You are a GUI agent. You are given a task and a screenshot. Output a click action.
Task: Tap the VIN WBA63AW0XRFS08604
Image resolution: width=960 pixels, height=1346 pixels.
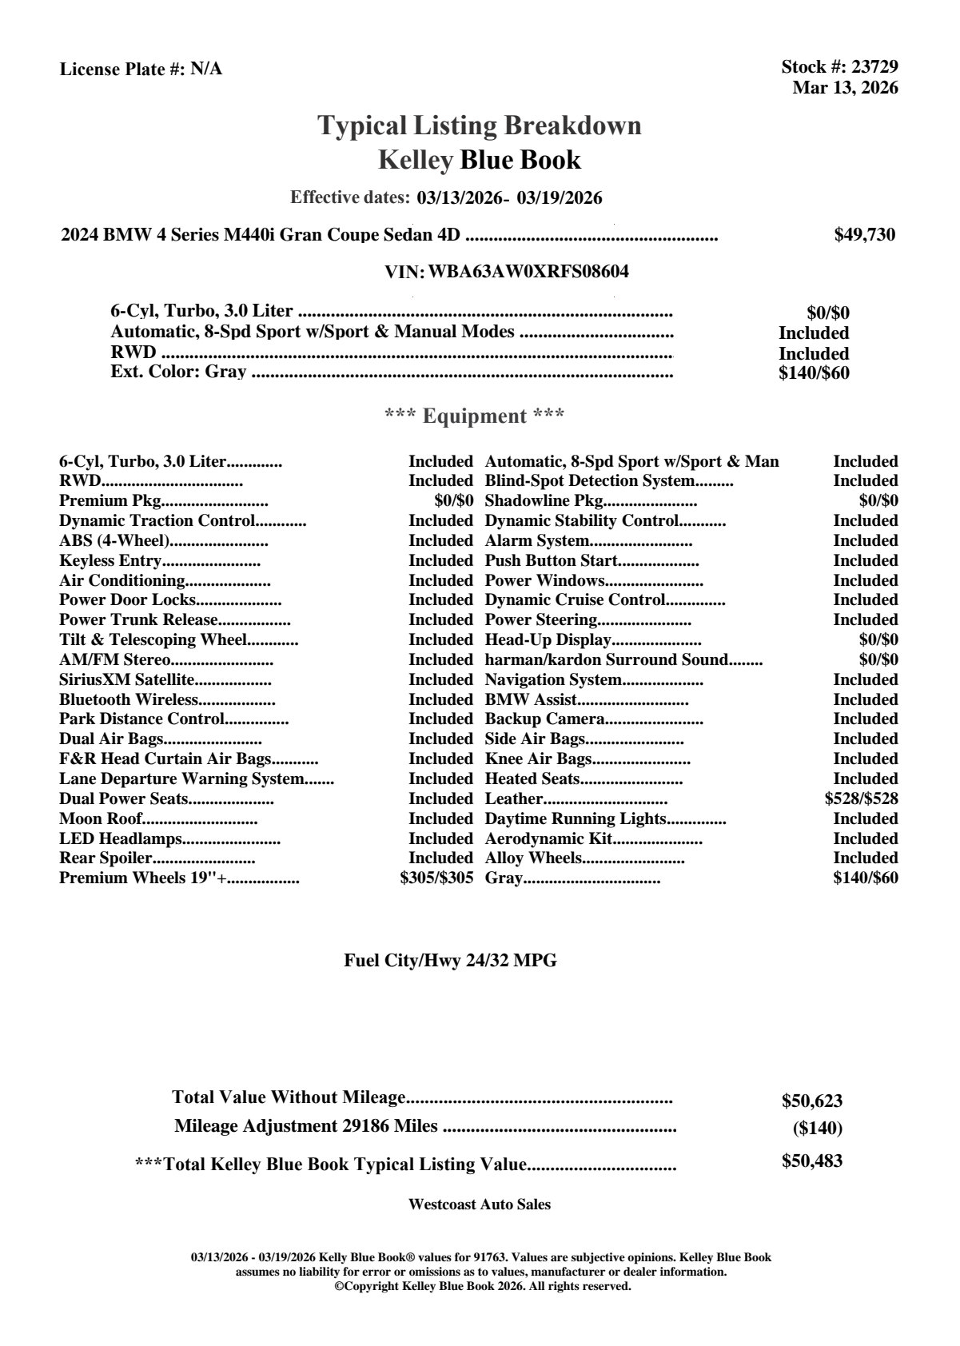click(x=528, y=272)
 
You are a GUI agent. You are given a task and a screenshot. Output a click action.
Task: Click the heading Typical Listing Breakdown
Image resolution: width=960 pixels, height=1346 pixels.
click(x=480, y=126)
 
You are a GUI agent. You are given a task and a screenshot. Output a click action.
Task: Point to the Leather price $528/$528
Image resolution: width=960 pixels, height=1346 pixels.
click(x=861, y=798)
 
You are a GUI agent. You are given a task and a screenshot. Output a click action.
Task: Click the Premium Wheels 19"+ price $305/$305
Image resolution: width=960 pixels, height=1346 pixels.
click(x=436, y=878)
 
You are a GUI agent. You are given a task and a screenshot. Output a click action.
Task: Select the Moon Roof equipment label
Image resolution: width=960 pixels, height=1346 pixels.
click(x=101, y=818)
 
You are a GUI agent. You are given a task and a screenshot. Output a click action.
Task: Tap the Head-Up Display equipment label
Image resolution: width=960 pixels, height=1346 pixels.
click(x=548, y=640)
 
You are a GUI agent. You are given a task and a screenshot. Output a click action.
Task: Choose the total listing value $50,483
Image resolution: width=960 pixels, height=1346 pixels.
click(x=811, y=1161)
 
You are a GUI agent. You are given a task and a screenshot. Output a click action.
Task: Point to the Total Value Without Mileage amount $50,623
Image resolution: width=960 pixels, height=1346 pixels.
click(x=811, y=1101)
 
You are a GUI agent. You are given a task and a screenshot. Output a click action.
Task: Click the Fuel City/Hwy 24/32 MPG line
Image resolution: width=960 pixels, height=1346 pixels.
click(x=450, y=961)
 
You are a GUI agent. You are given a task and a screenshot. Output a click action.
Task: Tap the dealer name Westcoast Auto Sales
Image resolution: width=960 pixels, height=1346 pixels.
click(x=480, y=1205)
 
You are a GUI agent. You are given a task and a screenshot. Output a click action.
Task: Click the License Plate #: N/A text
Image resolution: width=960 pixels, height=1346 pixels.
click(x=141, y=70)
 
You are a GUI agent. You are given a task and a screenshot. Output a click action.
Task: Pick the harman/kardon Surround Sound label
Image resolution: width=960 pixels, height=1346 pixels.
click(x=607, y=660)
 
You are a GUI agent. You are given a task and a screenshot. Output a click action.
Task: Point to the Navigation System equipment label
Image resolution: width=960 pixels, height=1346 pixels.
click(x=553, y=680)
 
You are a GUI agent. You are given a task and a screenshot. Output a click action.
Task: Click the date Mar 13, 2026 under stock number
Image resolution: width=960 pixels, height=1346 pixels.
click(x=845, y=88)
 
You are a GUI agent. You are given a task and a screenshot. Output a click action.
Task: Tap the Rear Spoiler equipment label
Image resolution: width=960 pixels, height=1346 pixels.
click(x=106, y=858)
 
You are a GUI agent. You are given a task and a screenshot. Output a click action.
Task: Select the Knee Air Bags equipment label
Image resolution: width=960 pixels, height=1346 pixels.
click(x=538, y=759)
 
